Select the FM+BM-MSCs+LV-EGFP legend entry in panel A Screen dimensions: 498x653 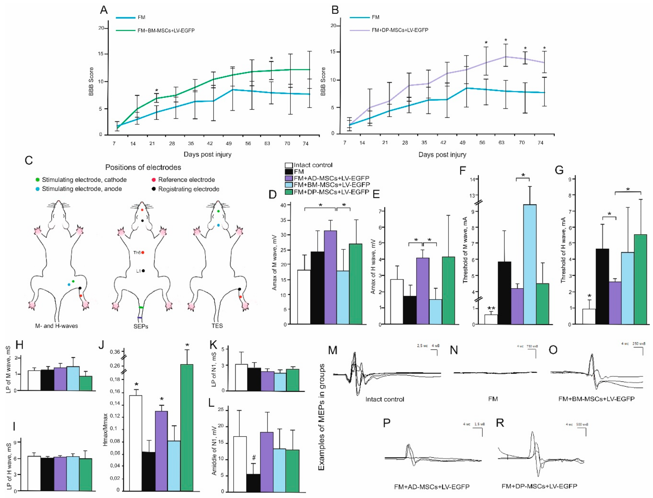point(166,30)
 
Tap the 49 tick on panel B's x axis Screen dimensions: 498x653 point(462,143)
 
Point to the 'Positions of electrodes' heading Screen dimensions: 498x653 point(143,167)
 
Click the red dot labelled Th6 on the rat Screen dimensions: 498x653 point(143,253)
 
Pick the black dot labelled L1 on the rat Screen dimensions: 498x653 point(143,271)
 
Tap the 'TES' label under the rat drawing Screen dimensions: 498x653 point(217,326)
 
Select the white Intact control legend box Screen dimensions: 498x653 point(289,165)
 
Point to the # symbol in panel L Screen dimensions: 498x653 point(254,458)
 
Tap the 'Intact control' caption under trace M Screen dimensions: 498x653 point(384,399)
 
